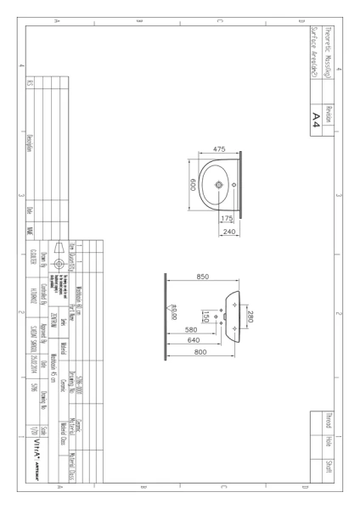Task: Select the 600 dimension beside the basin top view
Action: click(x=193, y=185)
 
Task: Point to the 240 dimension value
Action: click(x=227, y=232)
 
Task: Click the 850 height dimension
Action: click(x=203, y=277)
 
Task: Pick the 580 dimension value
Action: click(x=192, y=331)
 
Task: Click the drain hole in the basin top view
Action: click(x=219, y=184)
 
